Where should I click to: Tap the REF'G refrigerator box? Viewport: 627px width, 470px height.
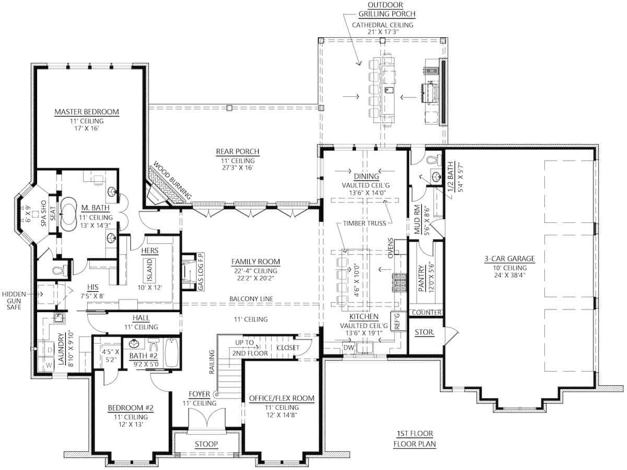[x=396, y=320]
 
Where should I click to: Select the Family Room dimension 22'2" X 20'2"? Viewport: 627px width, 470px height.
[x=256, y=280]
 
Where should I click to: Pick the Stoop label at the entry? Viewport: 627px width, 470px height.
[x=206, y=444]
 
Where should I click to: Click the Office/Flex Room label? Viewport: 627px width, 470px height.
[x=282, y=398]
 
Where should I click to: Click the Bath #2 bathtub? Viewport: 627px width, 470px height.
[x=171, y=350]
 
